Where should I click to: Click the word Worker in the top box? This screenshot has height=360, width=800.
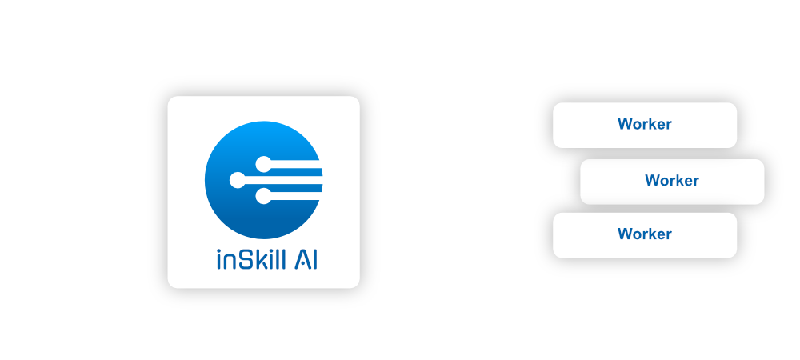(644, 124)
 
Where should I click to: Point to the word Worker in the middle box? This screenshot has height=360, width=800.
(672, 181)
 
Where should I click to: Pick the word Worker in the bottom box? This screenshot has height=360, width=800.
(644, 234)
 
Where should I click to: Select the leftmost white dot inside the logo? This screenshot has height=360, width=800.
(238, 180)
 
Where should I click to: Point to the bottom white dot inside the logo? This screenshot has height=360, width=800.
(262, 195)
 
